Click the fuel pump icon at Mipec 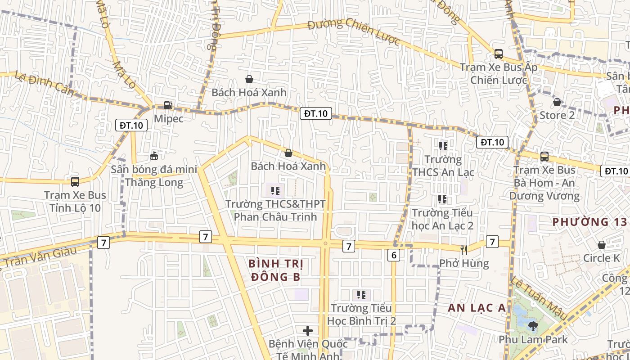point(168,105)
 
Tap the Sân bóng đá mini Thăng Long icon point(154,156)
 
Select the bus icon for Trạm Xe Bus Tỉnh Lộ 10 point(75,182)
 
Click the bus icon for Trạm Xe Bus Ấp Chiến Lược point(499,54)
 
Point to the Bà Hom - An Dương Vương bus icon point(544,157)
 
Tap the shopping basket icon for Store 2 point(557,102)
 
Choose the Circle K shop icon point(602,245)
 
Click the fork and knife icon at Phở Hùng point(464,250)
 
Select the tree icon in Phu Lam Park point(533,325)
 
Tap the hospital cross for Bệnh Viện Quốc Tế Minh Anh point(308,331)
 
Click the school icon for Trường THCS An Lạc point(443,146)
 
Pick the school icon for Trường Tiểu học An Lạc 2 point(442,199)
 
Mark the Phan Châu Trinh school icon point(275,190)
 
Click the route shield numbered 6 point(394,255)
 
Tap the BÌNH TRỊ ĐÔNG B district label point(275,270)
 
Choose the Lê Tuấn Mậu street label point(539,298)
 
